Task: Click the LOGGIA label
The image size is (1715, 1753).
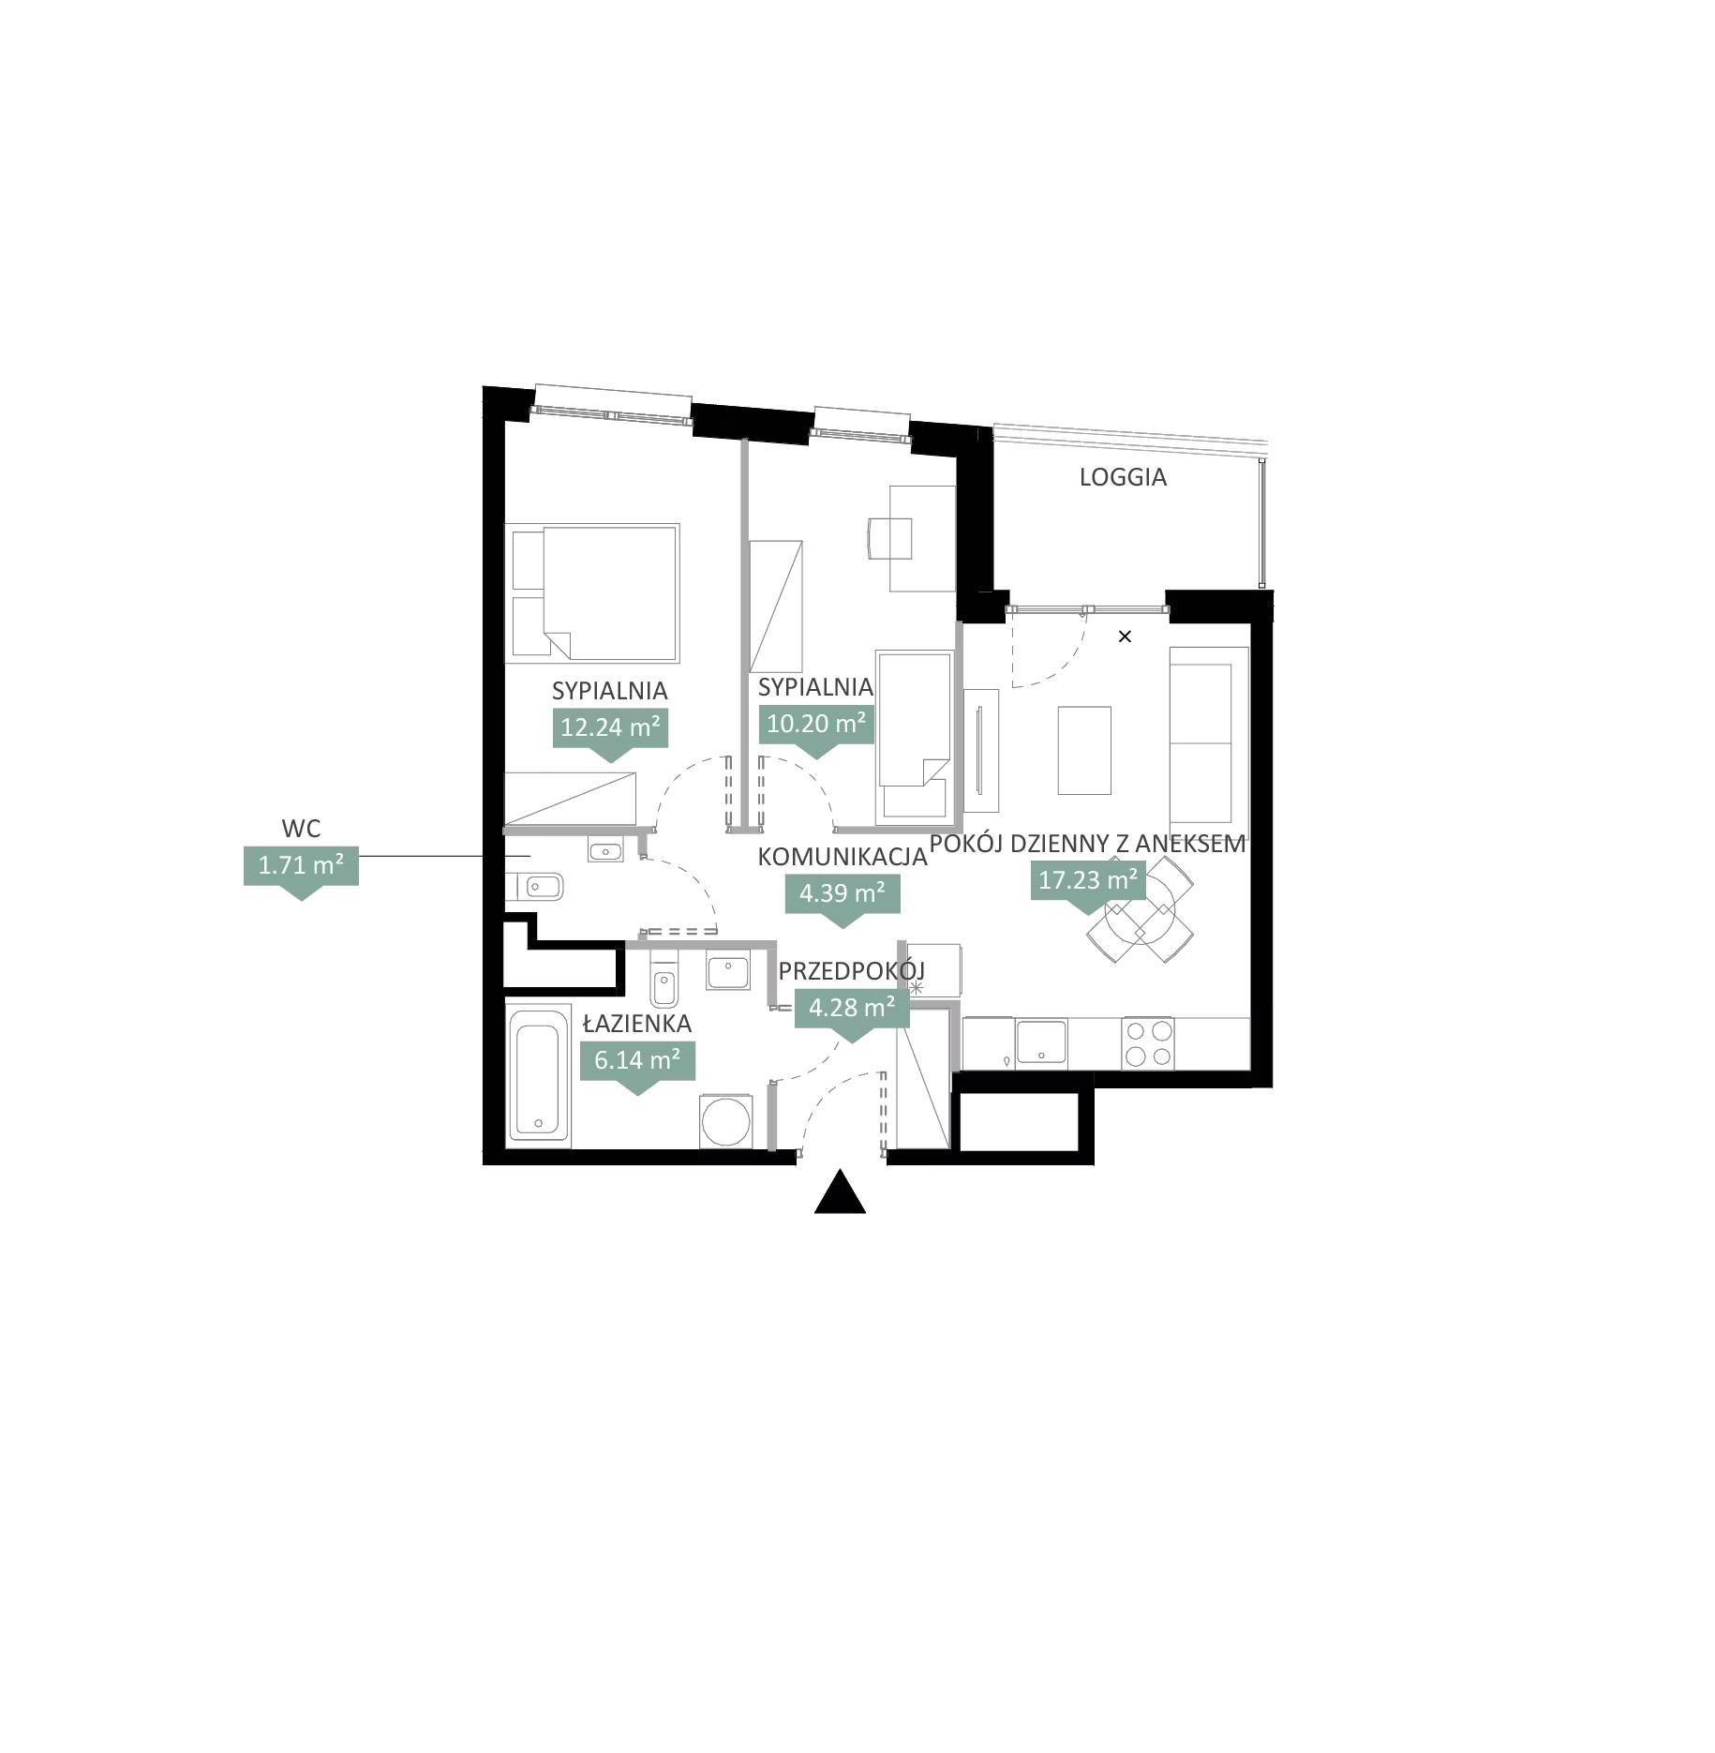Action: click(x=1122, y=477)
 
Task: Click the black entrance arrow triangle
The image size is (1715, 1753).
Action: click(x=840, y=1191)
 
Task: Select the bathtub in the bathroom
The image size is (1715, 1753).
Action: click(x=538, y=1074)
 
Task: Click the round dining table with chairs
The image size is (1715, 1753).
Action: click(x=1141, y=909)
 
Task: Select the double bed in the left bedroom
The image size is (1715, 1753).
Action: click(x=591, y=592)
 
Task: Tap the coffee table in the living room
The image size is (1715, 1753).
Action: click(x=1084, y=750)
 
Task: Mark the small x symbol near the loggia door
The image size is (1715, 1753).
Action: click(x=1126, y=637)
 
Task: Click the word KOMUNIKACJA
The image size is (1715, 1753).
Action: click(x=843, y=857)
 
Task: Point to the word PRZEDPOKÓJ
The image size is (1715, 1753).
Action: click(x=852, y=970)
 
